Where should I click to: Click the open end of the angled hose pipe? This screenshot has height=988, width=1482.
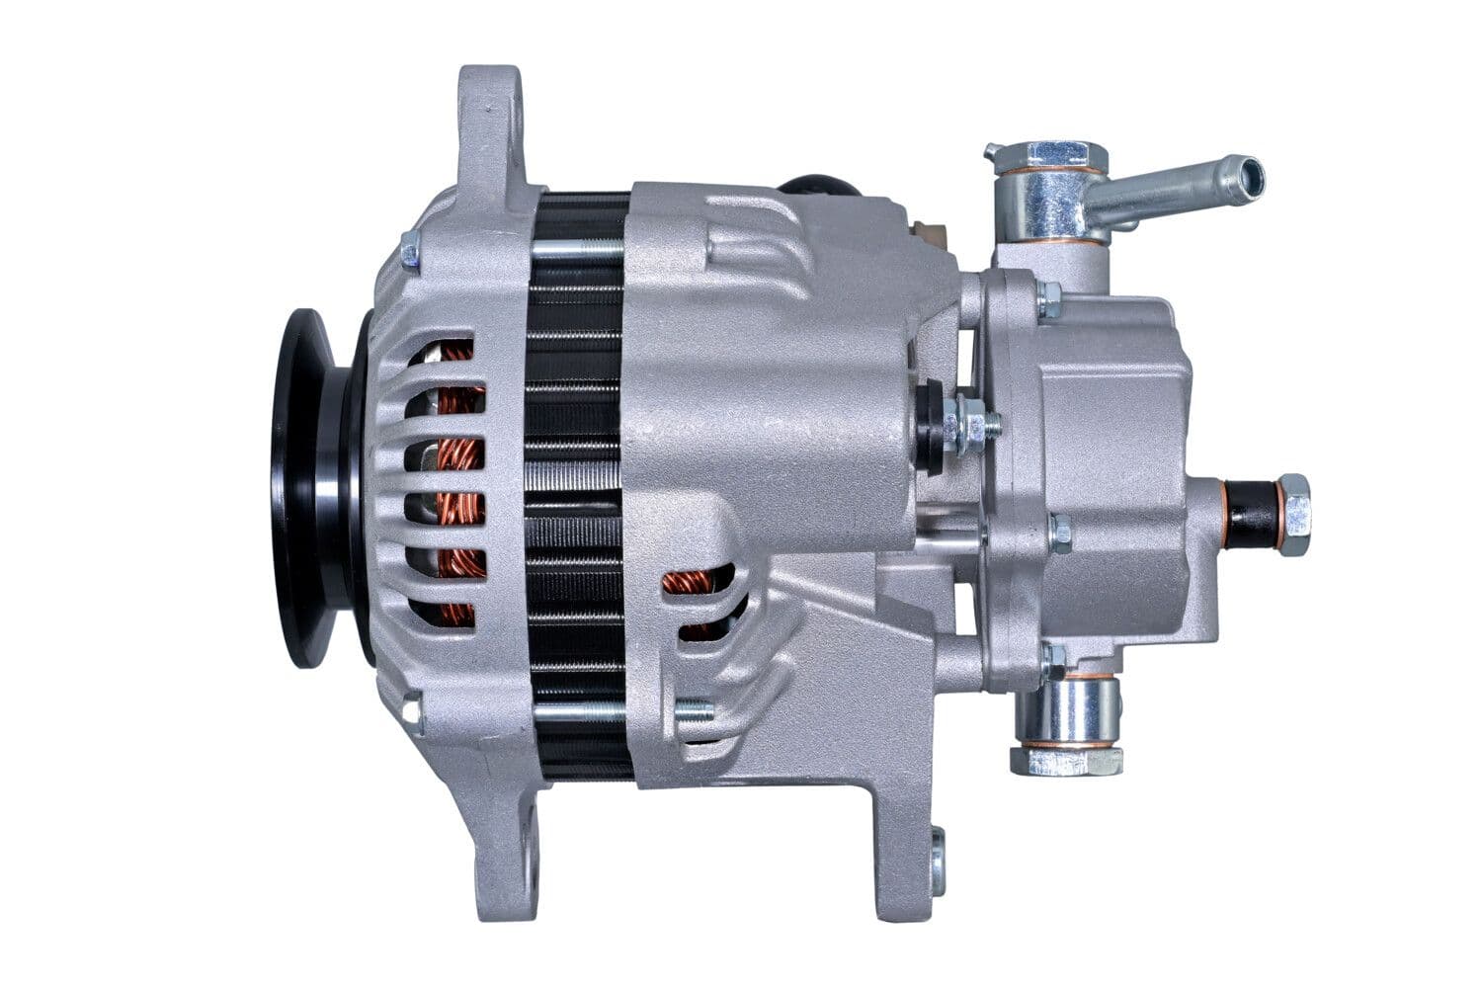[x=1251, y=175]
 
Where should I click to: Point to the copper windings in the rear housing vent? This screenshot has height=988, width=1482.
[x=697, y=593]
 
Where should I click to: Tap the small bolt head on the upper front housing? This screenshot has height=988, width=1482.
[x=410, y=253]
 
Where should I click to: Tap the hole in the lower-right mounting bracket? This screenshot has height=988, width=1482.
[x=937, y=860]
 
